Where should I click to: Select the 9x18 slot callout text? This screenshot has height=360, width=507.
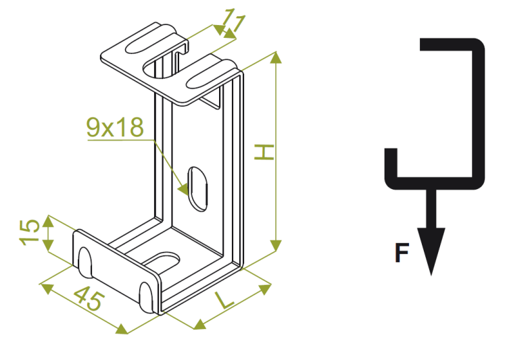(x=114, y=126)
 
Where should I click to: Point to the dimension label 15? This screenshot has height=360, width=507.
(x=29, y=233)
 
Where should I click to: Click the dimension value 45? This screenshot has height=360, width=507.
(x=89, y=299)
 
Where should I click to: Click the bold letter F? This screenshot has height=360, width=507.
(x=402, y=253)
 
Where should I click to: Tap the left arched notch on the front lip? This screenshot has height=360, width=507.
(x=86, y=260)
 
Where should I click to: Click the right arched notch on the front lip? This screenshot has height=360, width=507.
(x=147, y=294)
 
